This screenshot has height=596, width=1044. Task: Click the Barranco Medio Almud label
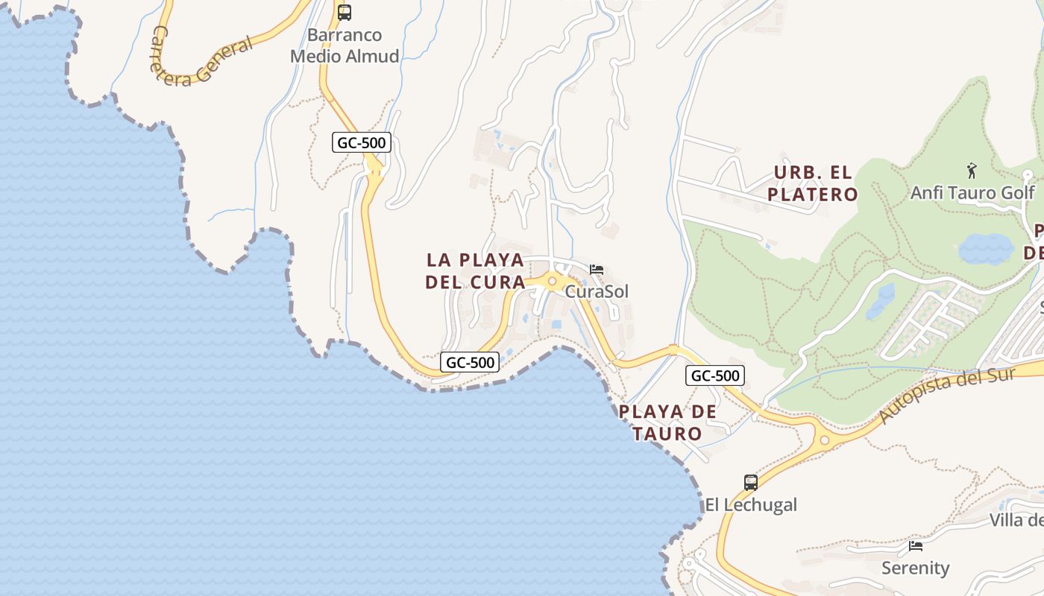(x=345, y=45)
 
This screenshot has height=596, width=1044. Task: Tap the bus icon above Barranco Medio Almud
(x=344, y=13)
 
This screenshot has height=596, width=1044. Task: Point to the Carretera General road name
(x=201, y=57)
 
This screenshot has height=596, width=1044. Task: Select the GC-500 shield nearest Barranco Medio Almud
(x=362, y=142)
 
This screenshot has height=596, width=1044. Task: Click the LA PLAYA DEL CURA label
(x=475, y=271)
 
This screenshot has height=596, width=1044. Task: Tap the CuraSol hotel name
(x=597, y=291)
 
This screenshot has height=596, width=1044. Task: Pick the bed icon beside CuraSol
(x=597, y=270)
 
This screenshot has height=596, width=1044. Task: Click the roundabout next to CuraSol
(x=552, y=282)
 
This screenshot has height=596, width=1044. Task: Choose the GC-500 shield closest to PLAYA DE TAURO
(x=714, y=375)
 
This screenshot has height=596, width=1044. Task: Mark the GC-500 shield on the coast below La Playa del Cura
(x=469, y=363)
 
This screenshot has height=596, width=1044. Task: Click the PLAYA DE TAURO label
(x=667, y=422)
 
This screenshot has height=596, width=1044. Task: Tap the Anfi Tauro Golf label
(x=972, y=193)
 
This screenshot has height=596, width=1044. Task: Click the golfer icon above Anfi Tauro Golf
(x=971, y=171)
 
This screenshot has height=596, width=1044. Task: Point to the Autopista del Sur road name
(x=948, y=395)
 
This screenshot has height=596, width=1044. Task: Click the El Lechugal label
(x=751, y=504)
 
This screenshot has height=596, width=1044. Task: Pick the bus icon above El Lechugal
(x=751, y=482)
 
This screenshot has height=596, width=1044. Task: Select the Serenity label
(x=915, y=568)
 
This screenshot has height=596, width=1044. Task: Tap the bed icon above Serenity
(x=916, y=546)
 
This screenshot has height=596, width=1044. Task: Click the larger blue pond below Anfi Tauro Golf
(x=986, y=249)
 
